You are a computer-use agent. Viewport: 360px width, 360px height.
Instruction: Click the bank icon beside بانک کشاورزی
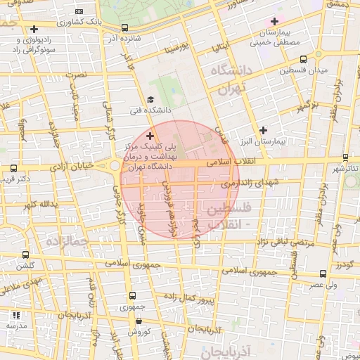tap(79, 12)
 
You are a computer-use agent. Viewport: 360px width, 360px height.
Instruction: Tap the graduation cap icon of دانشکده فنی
tap(150, 101)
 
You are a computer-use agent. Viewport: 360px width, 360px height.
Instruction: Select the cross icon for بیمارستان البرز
tap(264, 130)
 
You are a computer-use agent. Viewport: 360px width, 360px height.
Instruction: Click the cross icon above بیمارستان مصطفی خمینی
tap(274, 22)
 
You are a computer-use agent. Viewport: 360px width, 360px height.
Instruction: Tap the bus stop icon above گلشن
tap(26, 255)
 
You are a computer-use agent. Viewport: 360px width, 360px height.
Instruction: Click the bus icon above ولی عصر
tap(324, 274)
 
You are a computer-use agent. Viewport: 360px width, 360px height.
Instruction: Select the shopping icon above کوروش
tap(139, 321)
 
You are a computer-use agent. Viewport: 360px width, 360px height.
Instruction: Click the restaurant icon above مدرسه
tap(16, 314)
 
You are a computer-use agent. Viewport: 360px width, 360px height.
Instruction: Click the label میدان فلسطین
tap(304, 71)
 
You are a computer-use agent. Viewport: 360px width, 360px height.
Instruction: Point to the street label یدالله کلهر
tap(38, 205)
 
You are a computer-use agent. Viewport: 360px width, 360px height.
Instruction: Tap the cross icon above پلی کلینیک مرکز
tap(150, 134)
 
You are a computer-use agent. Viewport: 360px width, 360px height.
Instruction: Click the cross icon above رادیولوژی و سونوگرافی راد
tap(34, 29)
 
